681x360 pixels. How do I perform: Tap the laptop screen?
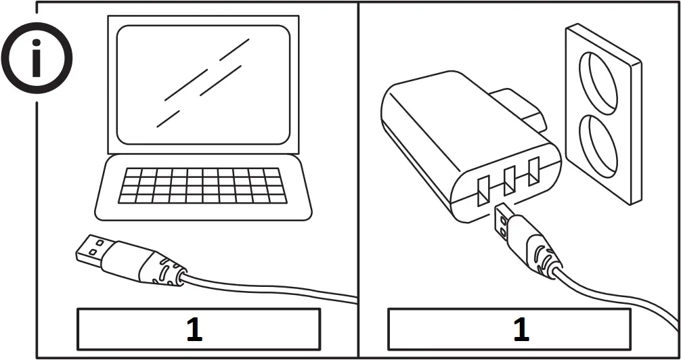point(203,85)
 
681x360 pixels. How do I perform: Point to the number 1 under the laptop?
point(195,329)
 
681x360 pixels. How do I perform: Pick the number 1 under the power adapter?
point(521,329)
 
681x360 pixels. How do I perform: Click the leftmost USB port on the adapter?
point(483,191)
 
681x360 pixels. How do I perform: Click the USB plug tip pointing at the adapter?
point(504,219)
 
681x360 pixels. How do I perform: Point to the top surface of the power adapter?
point(447,115)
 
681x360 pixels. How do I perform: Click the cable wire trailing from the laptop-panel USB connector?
point(271,287)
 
